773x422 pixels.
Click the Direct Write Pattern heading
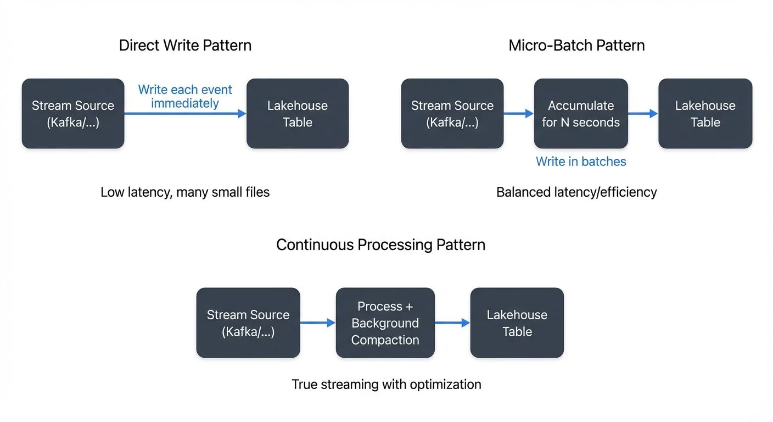click(x=185, y=45)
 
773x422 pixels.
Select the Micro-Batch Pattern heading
click(x=576, y=45)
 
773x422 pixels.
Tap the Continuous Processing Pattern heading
click(x=380, y=245)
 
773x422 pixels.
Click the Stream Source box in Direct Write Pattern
click(x=73, y=114)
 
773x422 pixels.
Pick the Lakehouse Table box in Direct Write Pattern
click(x=298, y=114)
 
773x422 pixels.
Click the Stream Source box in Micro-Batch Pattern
click(x=452, y=114)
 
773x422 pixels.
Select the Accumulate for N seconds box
click(x=581, y=114)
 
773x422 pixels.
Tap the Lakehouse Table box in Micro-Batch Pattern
click(x=705, y=114)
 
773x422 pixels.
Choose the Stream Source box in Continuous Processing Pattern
click(x=248, y=323)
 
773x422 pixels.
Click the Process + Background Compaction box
click(x=385, y=323)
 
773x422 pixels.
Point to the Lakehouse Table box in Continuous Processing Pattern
click(x=517, y=323)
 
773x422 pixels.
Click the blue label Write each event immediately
click(x=185, y=96)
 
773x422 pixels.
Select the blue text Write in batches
click(x=581, y=162)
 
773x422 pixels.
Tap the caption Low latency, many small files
click(x=185, y=192)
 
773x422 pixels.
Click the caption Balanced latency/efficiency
click(x=576, y=192)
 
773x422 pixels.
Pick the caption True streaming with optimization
click(x=386, y=384)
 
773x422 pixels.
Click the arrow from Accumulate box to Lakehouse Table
click(x=643, y=114)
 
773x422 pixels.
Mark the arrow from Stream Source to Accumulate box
click(x=518, y=114)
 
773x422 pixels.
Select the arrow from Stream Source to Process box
click(x=318, y=323)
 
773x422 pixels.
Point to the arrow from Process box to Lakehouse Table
click(x=452, y=323)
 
